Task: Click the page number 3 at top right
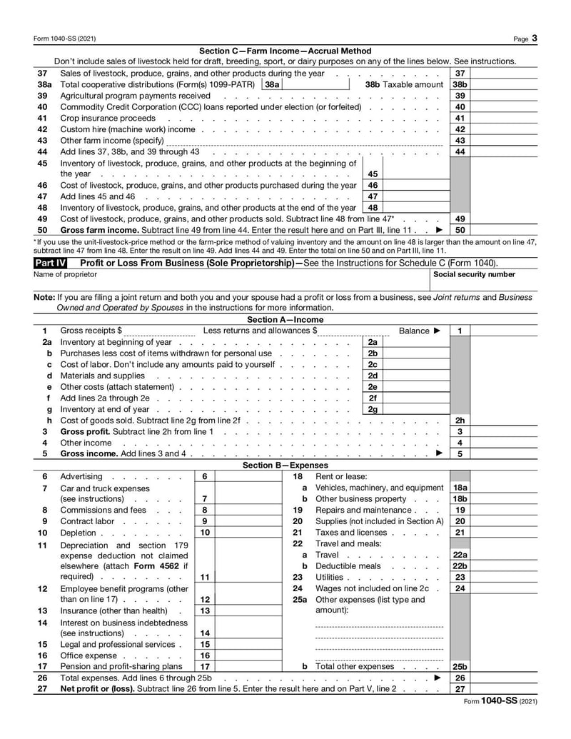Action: pyautogui.click(x=535, y=38)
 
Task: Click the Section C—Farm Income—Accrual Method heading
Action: pyautogui.click(x=285, y=51)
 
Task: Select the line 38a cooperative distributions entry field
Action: pyautogui.click(x=314, y=84)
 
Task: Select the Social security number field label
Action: pyautogui.click(x=474, y=274)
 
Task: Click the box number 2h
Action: pyautogui.click(x=460, y=421)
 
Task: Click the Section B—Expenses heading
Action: pyautogui.click(x=285, y=465)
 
